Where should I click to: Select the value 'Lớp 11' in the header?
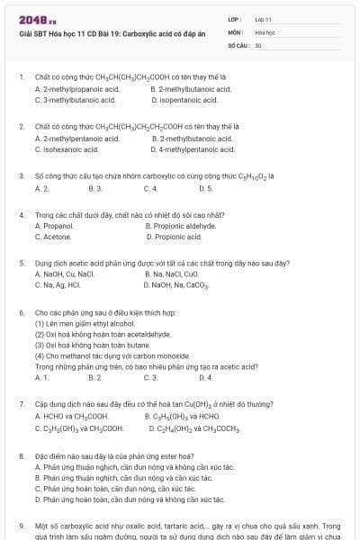pos(265,19)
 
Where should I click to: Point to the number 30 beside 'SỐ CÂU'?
pos(257,43)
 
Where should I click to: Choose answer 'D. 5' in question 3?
pos(205,188)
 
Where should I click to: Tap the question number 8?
pos(21,456)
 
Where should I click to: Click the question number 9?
pos(21,525)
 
